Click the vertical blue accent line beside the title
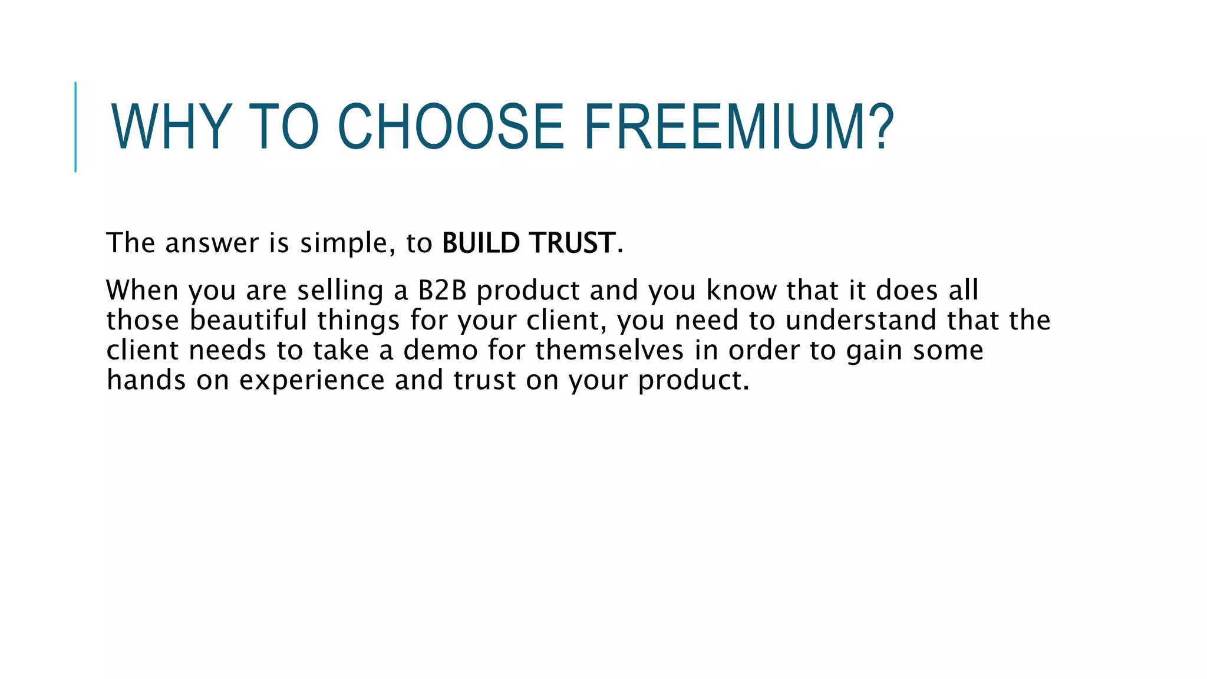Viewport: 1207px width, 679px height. [x=75, y=127]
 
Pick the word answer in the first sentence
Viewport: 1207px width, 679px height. [x=212, y=243]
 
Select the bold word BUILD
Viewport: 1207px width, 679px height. [x=481, y=243]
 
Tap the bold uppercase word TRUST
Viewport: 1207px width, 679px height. [x=572, y=243]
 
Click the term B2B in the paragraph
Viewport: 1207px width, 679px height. [x=442, y=291]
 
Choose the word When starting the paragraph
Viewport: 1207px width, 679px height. [x=142, y=291]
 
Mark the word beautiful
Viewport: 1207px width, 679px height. [x=248, y=321]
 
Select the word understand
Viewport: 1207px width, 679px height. [x=861, y=321]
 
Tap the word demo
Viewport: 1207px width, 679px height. [x=440, y=351]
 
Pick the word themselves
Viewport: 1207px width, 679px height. [x=609, y=351]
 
